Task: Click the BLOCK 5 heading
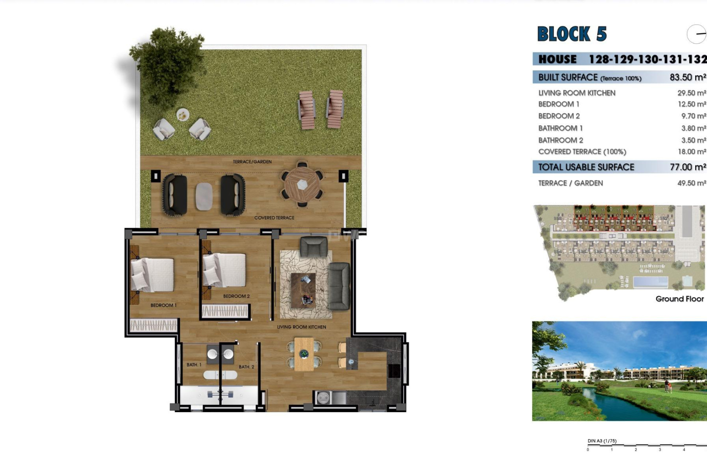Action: (572, 34)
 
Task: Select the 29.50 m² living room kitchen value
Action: (692, 93)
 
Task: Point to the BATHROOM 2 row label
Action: (560, 140)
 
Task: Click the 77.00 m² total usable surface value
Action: (687, 167)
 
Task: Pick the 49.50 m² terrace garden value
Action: (692, 183)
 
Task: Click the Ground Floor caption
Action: (679, 299)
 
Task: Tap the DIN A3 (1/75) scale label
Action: (602, 441)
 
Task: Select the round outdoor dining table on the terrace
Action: (302, 184)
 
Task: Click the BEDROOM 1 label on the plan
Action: (163, 305)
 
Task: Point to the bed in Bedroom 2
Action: (225, 270)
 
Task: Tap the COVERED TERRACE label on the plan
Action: (274, 218)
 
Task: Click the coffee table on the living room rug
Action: (303, 290)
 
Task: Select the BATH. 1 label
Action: (194, 365)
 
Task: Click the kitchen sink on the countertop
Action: (323, 398)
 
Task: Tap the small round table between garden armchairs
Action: (183, 115)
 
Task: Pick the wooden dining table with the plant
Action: (304, 354)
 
